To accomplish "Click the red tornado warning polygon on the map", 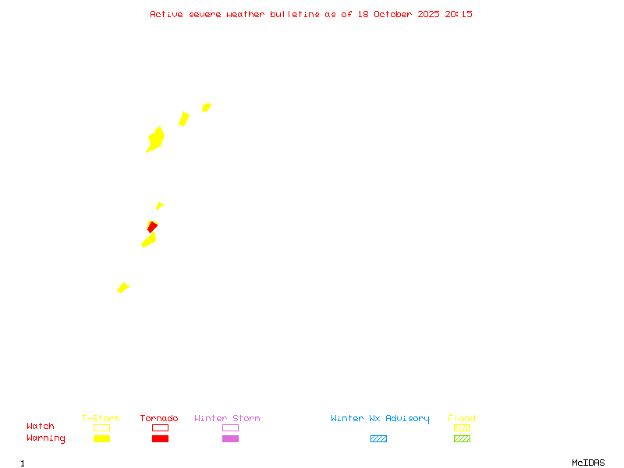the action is coord(153,227).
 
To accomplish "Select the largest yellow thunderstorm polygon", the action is coord(156,140).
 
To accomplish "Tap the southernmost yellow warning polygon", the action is coord(122,288).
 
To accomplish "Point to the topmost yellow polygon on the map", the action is coord(206,107).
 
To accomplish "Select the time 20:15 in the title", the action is coord(459,14).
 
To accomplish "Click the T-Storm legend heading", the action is coord(101,418).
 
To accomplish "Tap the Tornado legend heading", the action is coord(159,418).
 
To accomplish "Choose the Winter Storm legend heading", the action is coord(227,418).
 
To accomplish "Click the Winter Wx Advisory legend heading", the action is coord(380,418).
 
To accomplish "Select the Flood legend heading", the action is coord(462,418).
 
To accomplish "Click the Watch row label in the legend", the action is coord(41,427).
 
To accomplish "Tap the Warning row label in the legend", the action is coord(45,438).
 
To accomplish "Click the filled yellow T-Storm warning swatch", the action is coord(101,438).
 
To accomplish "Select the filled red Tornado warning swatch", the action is coord(160,438).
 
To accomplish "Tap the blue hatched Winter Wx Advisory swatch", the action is coord(378,438).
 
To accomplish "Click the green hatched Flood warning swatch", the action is coord(462,438).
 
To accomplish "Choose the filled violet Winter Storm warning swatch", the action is coord(230,438).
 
